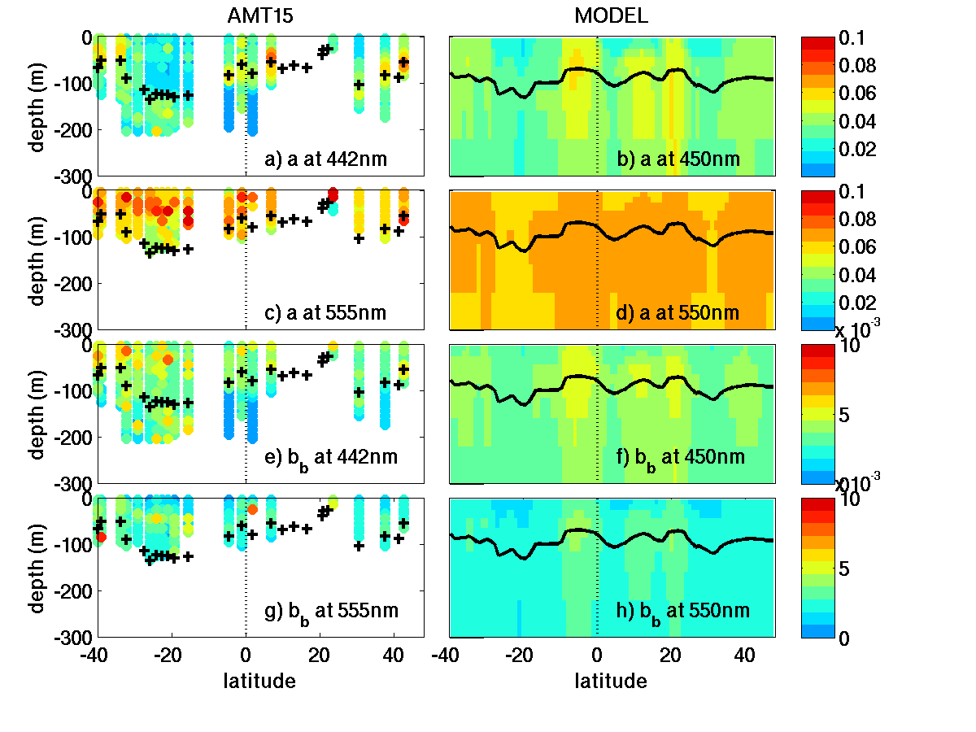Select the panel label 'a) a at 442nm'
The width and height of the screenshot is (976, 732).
326,159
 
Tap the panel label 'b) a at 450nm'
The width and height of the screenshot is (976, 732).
678,159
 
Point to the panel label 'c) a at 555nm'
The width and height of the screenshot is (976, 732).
326,313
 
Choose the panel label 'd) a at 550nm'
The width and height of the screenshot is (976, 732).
678,313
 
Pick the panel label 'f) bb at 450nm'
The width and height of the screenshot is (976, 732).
681,457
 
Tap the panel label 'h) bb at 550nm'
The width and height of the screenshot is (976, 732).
682,611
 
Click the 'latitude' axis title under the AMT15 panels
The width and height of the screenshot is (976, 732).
259,681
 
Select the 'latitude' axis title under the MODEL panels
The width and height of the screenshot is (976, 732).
612,681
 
